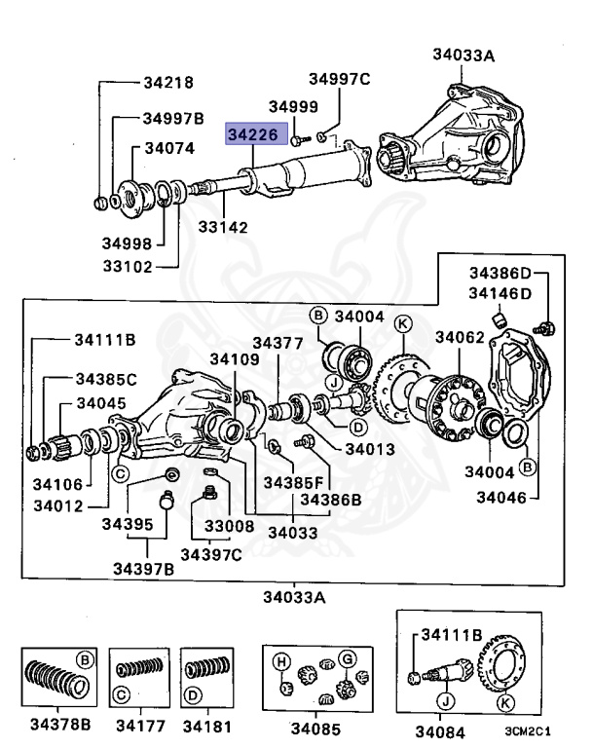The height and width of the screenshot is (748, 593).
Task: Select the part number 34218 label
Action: point(168,83)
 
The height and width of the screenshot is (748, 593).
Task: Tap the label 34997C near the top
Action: point(339,79)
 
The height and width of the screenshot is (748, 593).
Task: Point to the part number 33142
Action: point(223,227)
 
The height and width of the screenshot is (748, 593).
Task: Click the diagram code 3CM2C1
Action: point(528,730)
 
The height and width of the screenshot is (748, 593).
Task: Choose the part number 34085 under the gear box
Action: point(315,729)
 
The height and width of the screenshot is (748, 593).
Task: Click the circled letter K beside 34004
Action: point(403,324)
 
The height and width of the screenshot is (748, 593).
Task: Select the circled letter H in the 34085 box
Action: point(281,662)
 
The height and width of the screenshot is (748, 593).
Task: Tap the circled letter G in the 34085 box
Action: point(348,659)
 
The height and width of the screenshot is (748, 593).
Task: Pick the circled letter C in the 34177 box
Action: point(121,694)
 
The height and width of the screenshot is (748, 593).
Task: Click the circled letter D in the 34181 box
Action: point(193,695)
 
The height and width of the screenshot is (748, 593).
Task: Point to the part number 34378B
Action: point(60,725)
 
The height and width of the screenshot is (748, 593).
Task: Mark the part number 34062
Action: point(460,337)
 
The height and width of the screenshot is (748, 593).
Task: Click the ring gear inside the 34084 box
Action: point(499,664)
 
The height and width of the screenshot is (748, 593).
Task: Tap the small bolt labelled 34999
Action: point(300,140)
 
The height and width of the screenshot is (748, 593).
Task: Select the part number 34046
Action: point(501,498)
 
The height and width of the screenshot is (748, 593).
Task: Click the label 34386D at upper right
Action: point(500,273)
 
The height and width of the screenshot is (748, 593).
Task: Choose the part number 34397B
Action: point(143,569)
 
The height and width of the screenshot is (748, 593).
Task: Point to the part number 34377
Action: point(278,343)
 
